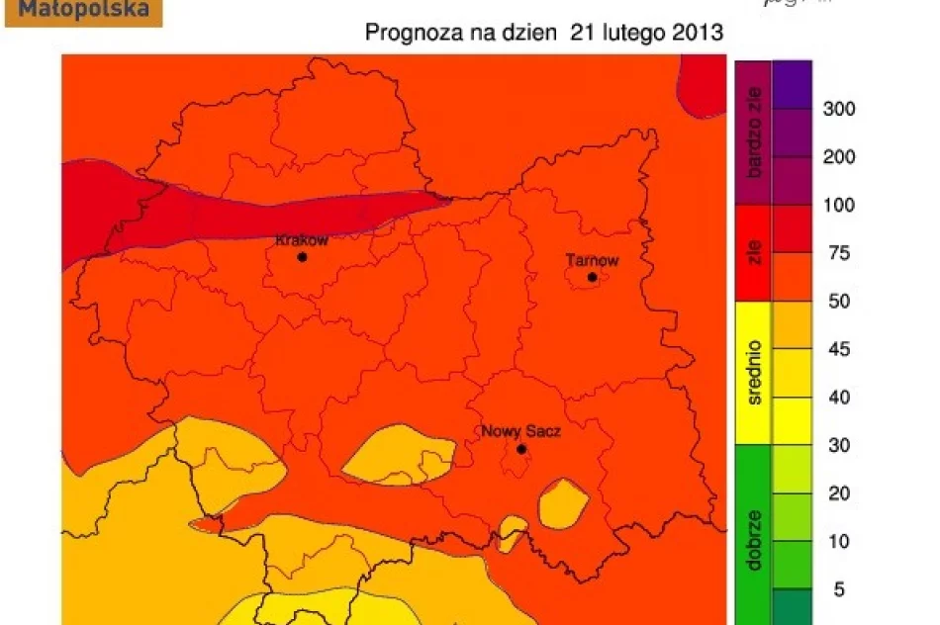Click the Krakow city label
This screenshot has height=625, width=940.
tap(301, 240)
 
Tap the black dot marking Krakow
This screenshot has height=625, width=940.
tap(302, 257)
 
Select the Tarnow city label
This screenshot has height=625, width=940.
tap(592, 261)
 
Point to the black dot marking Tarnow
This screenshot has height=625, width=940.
tap(593, 277)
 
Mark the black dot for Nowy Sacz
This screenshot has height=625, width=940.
tap(521, 449)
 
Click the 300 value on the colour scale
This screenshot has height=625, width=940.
tap(839, 109)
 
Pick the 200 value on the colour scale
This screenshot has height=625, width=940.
tap(839, 157)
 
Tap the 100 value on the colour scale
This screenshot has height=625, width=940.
tap(839, 206)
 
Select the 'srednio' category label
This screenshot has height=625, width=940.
tap(755, 375)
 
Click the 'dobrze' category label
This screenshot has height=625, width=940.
tap(755, 539)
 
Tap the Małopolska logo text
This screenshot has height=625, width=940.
tap(84, 11)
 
